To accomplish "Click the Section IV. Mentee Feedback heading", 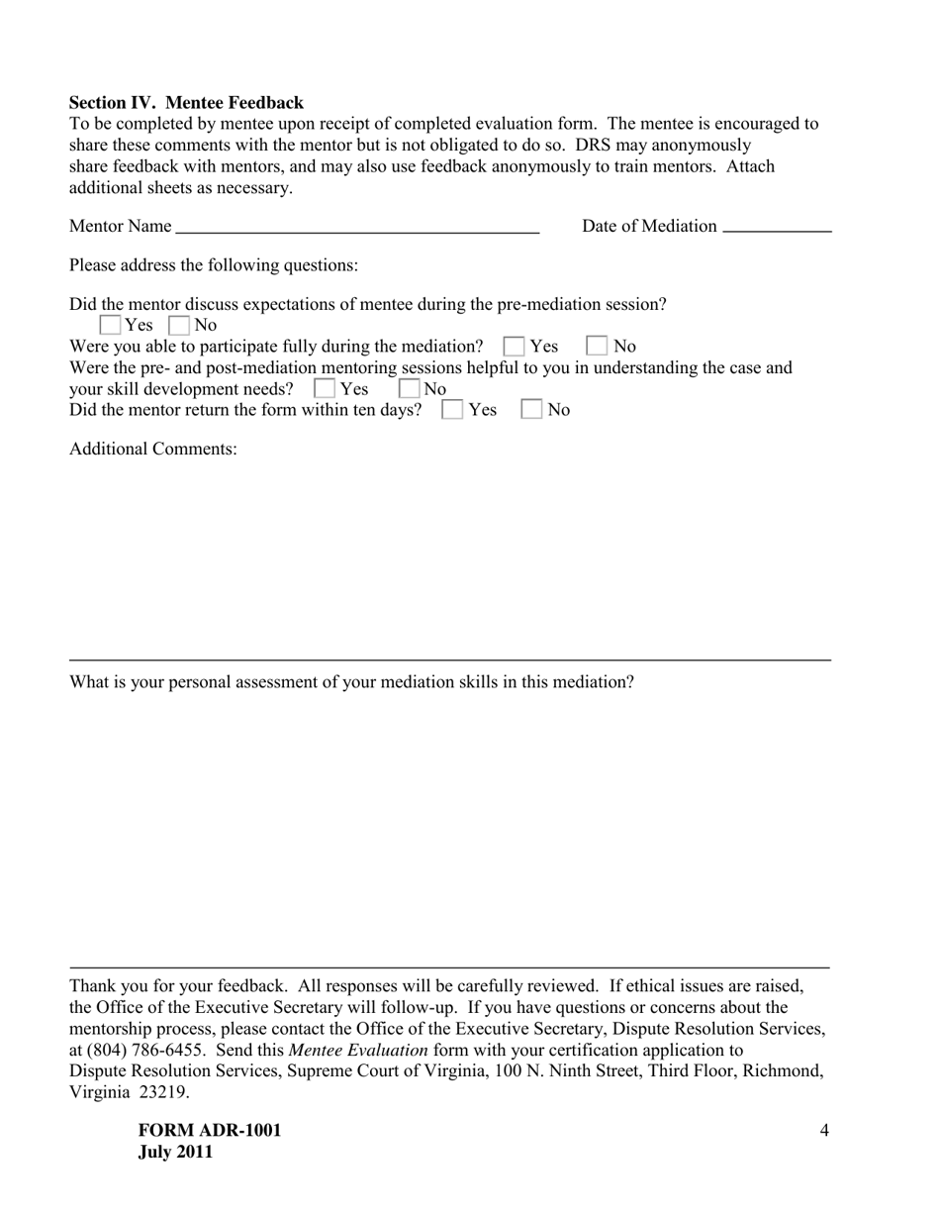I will (186, 103).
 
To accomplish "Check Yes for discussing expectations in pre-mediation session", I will (112, 326).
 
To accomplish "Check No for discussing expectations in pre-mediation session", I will (179, 326).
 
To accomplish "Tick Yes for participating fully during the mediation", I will (514, 347).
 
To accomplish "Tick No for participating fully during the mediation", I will (597, 347).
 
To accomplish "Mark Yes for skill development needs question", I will (324, 389).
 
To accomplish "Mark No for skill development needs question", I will (410, 389).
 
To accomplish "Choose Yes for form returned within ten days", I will (452, 410).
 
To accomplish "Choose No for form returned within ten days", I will (532, 410).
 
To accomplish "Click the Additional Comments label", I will (153, 450).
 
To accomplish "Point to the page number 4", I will (824, 1131).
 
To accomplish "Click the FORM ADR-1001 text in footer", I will (210, 1131).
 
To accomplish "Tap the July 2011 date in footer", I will (176, 1153).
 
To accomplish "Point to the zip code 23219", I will (163, 1093).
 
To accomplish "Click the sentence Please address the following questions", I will (214, 265).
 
